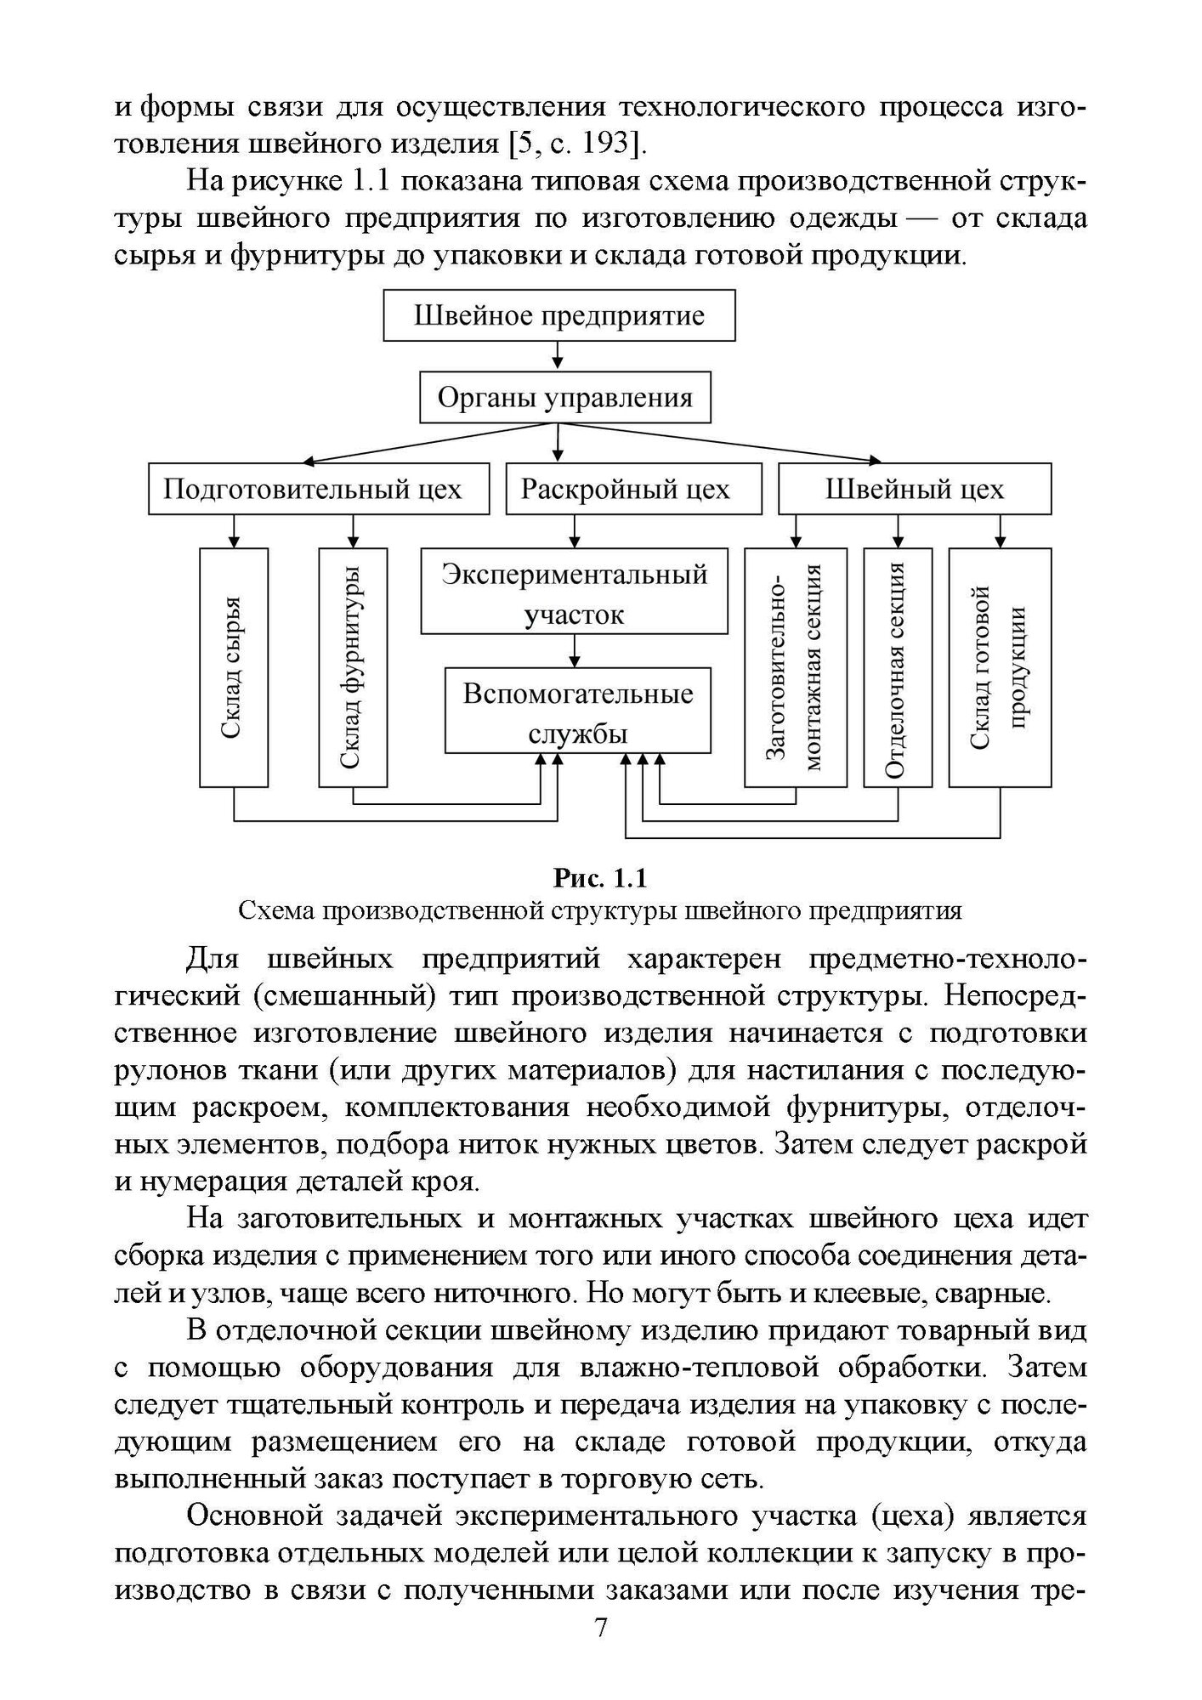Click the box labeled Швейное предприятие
558,316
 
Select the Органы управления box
564,398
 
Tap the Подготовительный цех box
319,489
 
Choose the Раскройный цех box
632,489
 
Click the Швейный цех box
915,489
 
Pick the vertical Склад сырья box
234,666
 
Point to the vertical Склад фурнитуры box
353,666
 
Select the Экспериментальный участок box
574,592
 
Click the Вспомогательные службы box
577,711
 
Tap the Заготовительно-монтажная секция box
796,666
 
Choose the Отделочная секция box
898,666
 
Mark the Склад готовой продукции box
1000,666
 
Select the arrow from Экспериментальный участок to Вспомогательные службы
575,651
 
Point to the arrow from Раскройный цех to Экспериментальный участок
575,531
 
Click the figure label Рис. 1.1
600,876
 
